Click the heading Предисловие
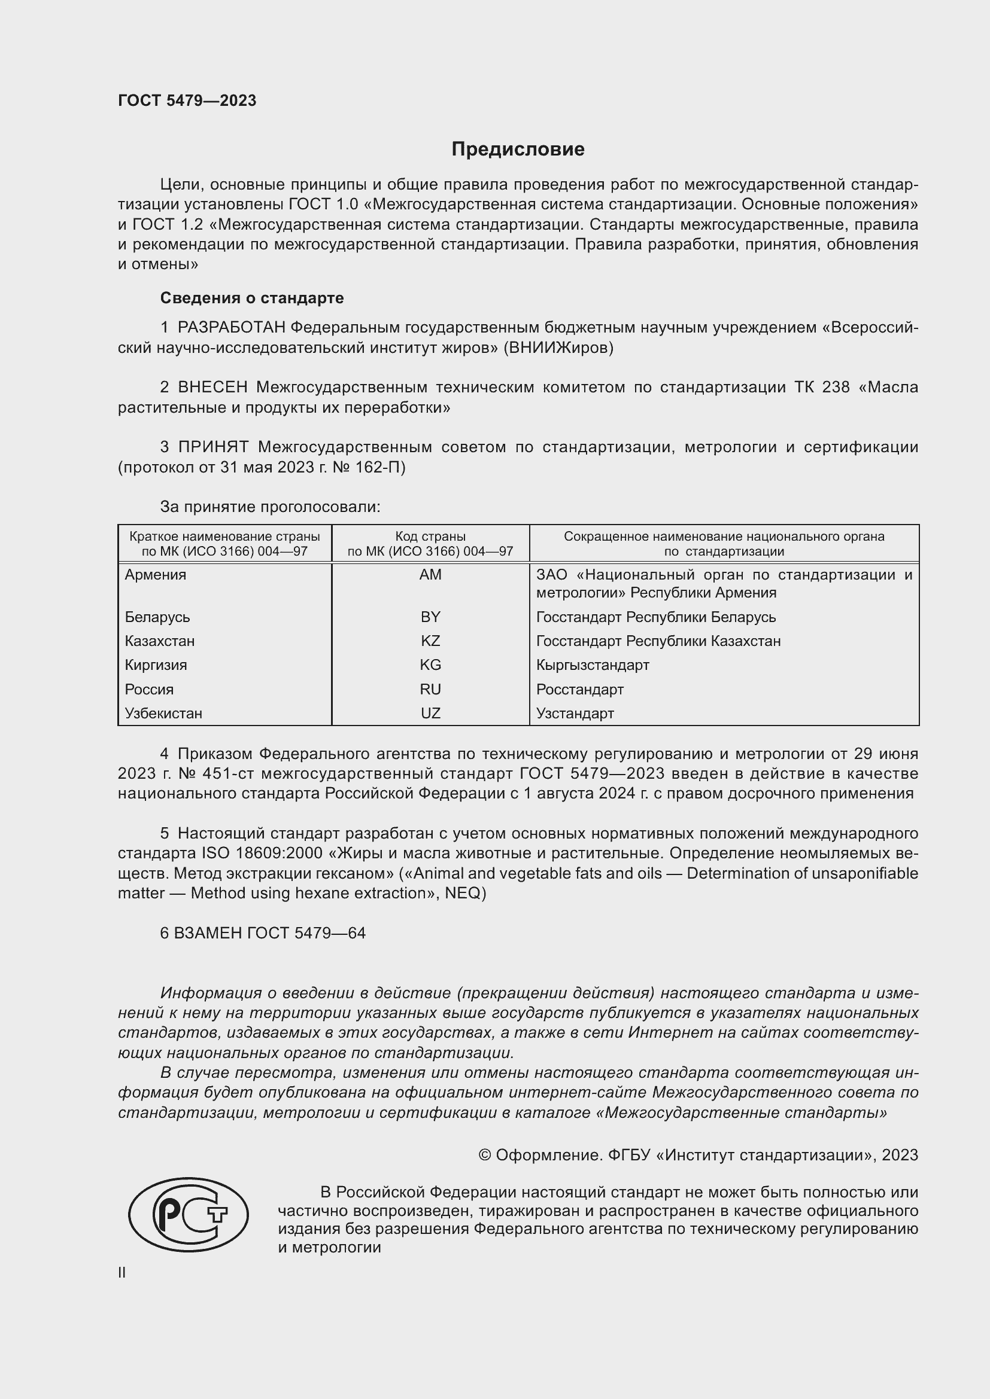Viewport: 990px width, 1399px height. tap(518, 150)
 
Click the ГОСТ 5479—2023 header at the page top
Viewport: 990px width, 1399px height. tap(187, 100)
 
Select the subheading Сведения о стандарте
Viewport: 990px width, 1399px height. tap(252, 298)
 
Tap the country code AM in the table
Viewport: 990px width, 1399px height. tap(430, 575)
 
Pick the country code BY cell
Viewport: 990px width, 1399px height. tap(430, 617)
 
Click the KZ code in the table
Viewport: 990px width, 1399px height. tap(430, 641)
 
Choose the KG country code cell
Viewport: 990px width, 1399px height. tap(430, 665)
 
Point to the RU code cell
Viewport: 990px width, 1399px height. tap(430, 689)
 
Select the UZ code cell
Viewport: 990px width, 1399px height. tap(430, 713)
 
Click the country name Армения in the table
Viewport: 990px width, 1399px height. tap(156, 575)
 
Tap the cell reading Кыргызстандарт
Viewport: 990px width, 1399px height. tap(593, 665)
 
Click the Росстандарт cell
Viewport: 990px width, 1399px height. tap(580, 689)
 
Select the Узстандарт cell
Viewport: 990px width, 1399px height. tap(575, 713)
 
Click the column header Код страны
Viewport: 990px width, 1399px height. tap(430, 537)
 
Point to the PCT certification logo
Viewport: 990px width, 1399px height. tap(189, 1215)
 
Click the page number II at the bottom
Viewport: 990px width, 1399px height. tap(122, 1272)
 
